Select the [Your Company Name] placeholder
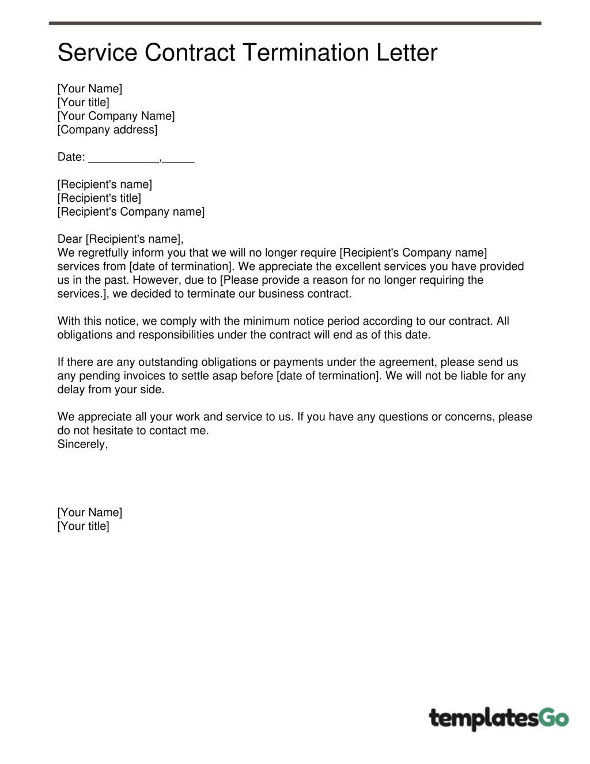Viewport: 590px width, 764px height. point(116,116)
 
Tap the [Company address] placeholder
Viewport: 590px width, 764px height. point(107,130)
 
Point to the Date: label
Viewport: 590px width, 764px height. point(71,157)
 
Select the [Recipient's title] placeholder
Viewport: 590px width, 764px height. point(99,198)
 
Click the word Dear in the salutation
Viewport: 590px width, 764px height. point(70,239)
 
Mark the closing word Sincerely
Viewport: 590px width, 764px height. point(82,444)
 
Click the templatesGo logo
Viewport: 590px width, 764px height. point(499,719)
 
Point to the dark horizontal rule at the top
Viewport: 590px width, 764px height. point(295,24)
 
